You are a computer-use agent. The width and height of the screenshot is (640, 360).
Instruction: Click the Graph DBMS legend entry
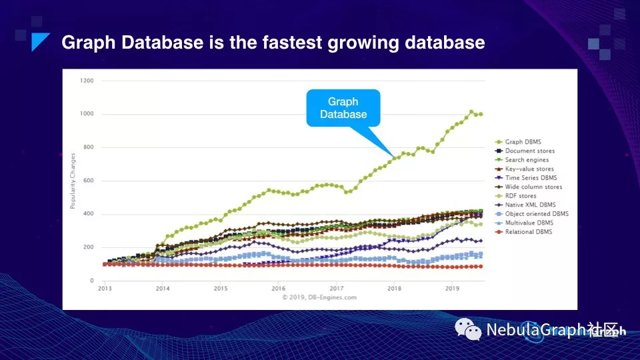click(x=524, y=142)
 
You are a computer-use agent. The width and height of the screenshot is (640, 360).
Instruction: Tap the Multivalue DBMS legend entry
click(x=529, y=223)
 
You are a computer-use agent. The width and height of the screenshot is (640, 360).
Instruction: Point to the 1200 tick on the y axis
click(x=87, y=81)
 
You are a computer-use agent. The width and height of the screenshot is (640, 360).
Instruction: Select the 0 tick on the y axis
click(x=91, y=281)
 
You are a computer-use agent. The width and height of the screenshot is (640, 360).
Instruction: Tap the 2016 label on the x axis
click(x=278, y=288)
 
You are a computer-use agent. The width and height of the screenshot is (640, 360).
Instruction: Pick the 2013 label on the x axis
click(x=105, y=288)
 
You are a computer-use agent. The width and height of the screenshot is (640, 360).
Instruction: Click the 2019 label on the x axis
click(x=452, y=288)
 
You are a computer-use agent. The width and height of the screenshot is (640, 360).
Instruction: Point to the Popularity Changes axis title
click(x=73, y=181)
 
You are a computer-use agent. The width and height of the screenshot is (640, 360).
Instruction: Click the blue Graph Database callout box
click(x=343, y=108)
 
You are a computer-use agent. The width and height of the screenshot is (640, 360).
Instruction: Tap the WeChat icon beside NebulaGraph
click(x=469, y=329)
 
